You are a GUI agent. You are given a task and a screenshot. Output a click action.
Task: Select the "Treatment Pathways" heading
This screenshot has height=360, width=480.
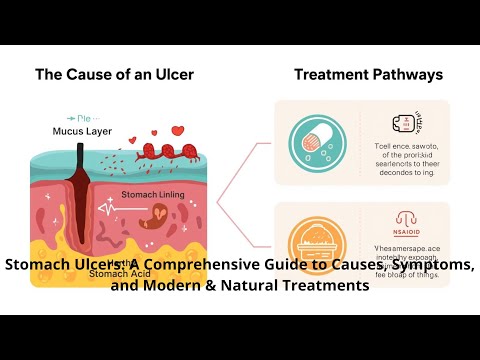(368, 75)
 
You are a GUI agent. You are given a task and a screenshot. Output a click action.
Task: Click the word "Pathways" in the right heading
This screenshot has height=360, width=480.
(405, 75)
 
